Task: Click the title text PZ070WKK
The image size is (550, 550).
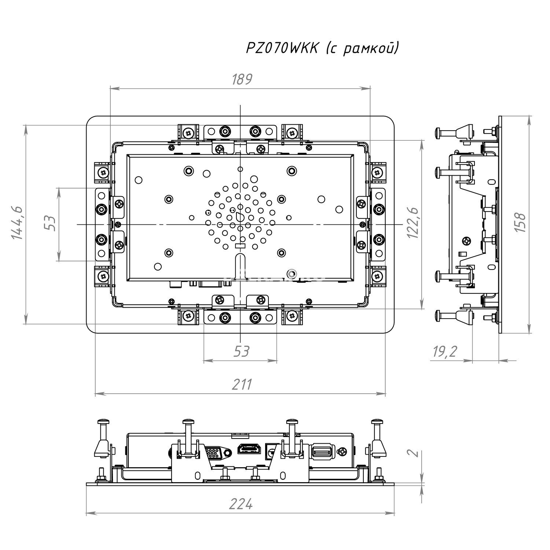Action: pyautogui.click(x=282, y=48)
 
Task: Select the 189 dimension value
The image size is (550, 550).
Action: pyautogui.click(x=242, y=80)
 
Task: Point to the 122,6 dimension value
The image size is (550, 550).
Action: pyautogui.click(x=413, y=223)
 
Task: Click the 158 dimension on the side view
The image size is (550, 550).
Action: pyautogui.click(x=520, y=222)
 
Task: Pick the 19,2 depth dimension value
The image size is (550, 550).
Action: pyautogui.click(x=445, y=352)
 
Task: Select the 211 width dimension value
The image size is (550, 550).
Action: pyautogui.click(x=242, y=385)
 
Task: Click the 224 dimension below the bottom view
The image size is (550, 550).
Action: pyautogui.click(x=241, y=505)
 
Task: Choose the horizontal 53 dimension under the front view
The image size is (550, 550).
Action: pyautogui.click(x=241, y=352)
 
